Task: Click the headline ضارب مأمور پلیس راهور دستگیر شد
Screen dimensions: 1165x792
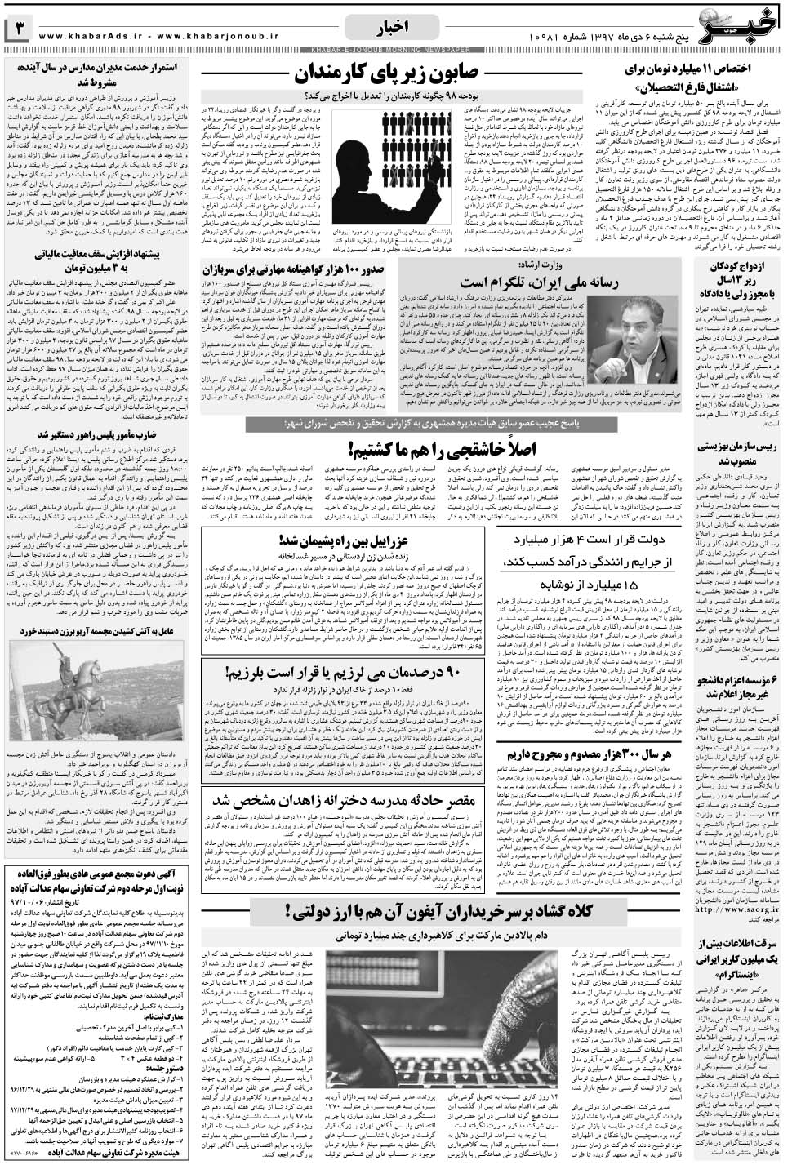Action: [98, 434]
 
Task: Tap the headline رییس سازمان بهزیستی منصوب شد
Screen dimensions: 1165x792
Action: [738, 453]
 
